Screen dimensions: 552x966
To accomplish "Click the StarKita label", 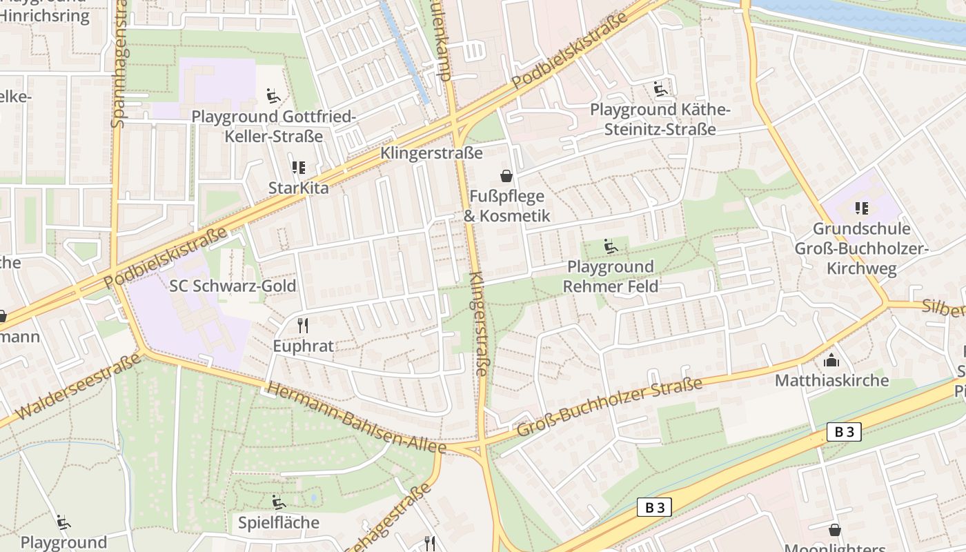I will (x=298, y=188).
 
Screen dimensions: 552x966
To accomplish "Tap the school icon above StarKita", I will (x=298, y=168).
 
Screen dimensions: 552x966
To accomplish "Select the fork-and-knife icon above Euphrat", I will (x=302, y=325).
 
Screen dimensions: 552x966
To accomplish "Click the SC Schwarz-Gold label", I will (x=233, y=286).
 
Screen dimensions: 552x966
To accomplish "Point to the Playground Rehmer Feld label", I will (x=610, y=276).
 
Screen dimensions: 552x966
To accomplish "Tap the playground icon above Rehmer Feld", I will (x=610, y=246).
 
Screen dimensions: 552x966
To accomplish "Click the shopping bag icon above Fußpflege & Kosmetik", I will (x=506, y=176).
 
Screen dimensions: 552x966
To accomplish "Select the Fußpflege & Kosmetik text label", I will (x=506, y=206).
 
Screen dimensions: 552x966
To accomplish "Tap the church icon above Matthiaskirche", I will (x=831, y=360).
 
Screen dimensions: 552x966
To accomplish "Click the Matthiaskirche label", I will (x=831, y=380).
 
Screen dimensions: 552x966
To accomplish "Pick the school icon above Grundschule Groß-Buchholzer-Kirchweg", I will (x=861, y=208).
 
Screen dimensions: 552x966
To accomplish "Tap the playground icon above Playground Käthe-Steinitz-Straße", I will (x=660, y=89).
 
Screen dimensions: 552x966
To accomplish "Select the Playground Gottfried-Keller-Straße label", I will (x=273, y=126).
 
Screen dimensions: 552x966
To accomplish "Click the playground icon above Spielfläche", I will (x=278, y=502).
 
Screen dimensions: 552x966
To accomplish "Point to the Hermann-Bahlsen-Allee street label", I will (x=356, y=418).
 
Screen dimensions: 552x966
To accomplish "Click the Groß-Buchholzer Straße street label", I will (x=609, y=407).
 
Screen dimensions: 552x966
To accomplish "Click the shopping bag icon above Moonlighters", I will (x=834, y=530).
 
